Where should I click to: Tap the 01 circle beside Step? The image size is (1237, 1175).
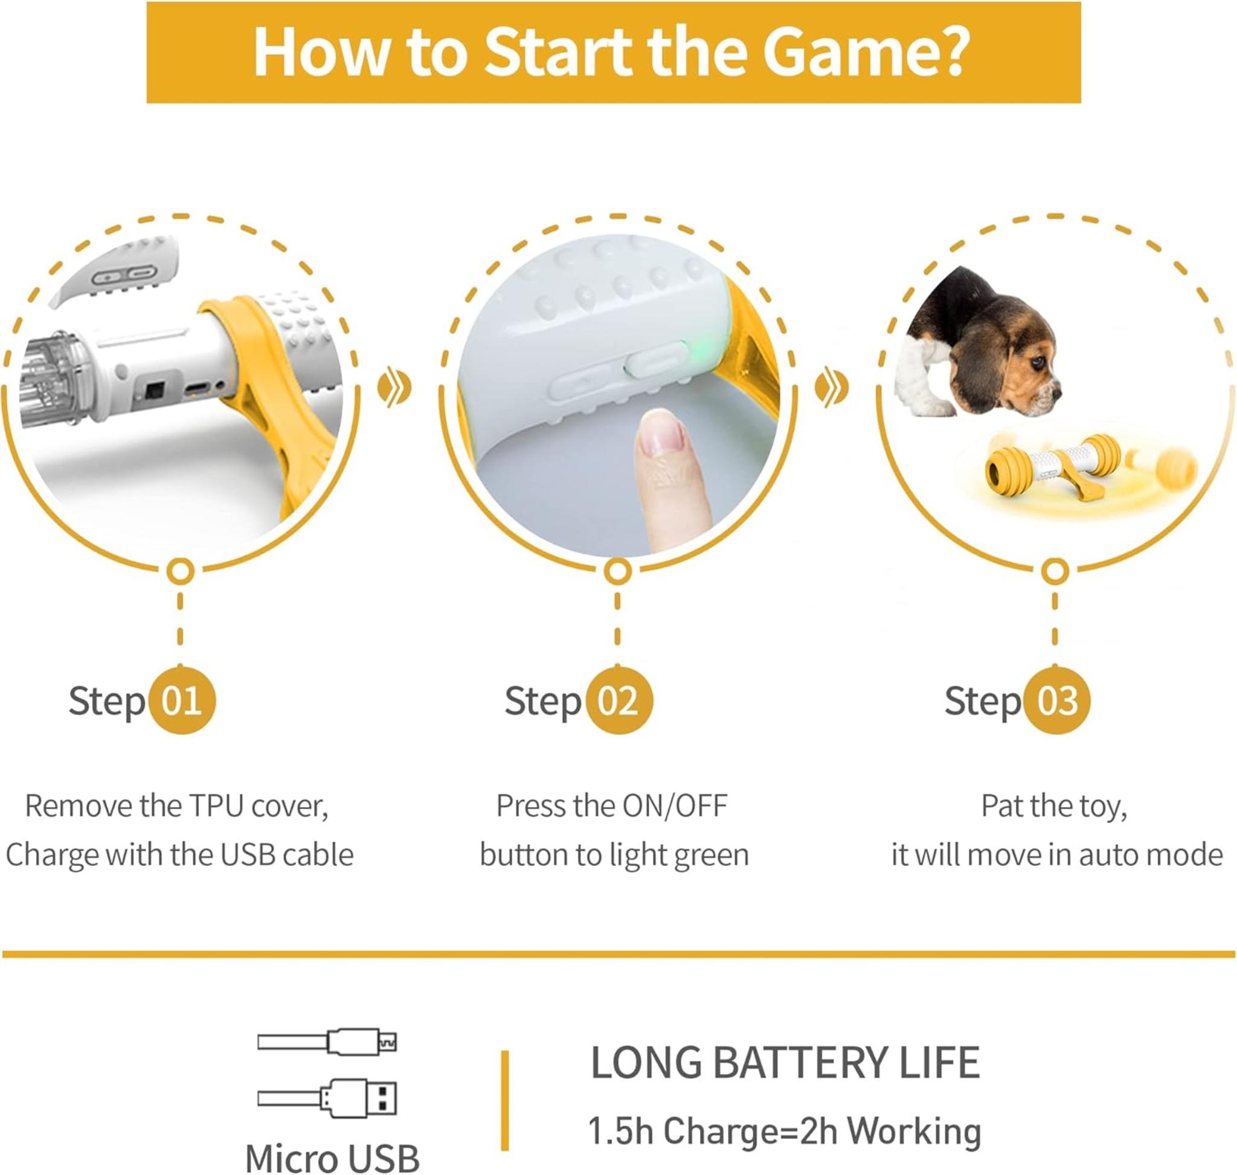[x=182, y=700]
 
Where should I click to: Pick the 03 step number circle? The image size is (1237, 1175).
[x=1058, y=700]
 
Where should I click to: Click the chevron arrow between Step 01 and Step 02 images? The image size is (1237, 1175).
[x=394, y=388]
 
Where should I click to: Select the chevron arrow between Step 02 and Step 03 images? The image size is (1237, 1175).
[x=831, y=388]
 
